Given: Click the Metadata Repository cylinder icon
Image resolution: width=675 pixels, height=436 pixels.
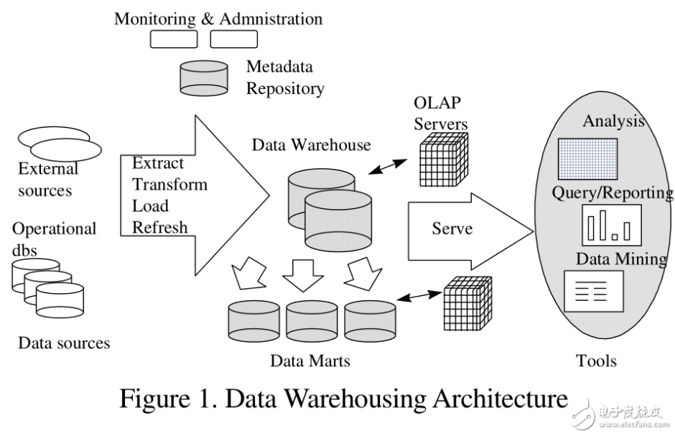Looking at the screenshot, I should [203, 78].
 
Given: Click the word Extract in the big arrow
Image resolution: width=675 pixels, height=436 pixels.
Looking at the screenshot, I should [158, 163].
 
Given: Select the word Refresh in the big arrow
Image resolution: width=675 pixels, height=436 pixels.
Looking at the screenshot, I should [159, 227].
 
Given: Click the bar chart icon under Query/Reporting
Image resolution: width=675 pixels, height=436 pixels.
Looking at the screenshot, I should [608, 224].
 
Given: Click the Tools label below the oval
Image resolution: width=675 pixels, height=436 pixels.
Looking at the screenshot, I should [596, 360].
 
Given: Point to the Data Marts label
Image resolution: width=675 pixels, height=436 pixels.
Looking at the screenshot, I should [310, 360].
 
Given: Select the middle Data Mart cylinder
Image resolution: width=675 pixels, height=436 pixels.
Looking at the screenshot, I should [312, 320].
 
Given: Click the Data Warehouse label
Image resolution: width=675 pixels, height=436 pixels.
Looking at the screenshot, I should [311, 145].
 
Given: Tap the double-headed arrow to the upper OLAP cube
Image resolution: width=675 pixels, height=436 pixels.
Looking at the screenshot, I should [386, 167].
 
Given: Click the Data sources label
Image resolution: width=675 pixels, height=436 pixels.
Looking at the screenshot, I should [64, 343].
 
